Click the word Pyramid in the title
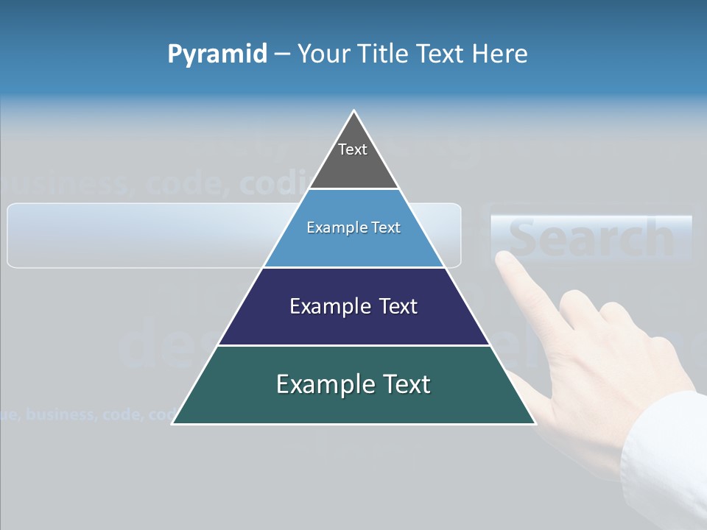click(x=217, y=54)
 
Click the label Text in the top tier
click(x=353, y=149)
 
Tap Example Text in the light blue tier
click(x=353, y=227)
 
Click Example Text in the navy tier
click(x=353, y=306)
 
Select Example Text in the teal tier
click(x=353, y=384)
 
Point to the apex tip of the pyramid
click(x=354, y=112)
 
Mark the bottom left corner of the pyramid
click(x=173, y=423)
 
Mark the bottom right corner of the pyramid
click(x=535, y=423)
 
